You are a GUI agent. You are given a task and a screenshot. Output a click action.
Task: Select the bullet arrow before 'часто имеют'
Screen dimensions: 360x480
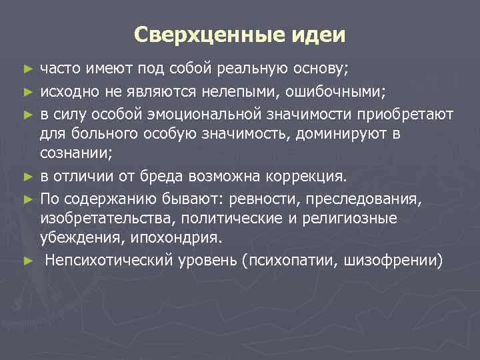(x=27, y=69)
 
